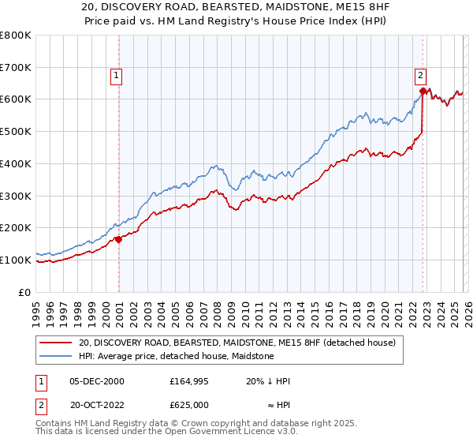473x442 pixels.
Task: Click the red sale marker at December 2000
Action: (118, 239)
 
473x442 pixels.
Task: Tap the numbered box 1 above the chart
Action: (116, 76)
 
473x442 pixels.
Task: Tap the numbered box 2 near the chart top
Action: (420, 76)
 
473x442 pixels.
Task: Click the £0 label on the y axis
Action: (25, 292)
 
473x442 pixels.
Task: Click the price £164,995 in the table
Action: (188, 381)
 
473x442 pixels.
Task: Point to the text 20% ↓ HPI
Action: (268, 381)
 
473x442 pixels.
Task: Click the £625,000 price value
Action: (188, 403)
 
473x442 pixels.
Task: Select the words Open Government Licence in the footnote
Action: (222, 432)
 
